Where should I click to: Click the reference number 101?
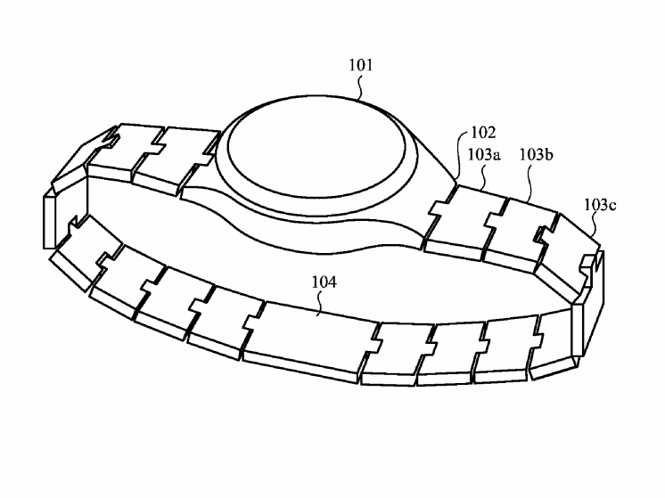[361, 65]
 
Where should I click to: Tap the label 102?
[483, 133]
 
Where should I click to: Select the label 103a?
[484, 155]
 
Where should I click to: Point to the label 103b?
[536, 155]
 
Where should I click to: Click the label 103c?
[600, 205]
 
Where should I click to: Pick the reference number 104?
[324, 282]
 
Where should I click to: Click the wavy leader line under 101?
[361, 87]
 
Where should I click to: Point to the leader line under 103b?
[530, 184]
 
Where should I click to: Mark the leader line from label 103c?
[595, 224]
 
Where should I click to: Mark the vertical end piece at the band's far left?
[50, 220]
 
